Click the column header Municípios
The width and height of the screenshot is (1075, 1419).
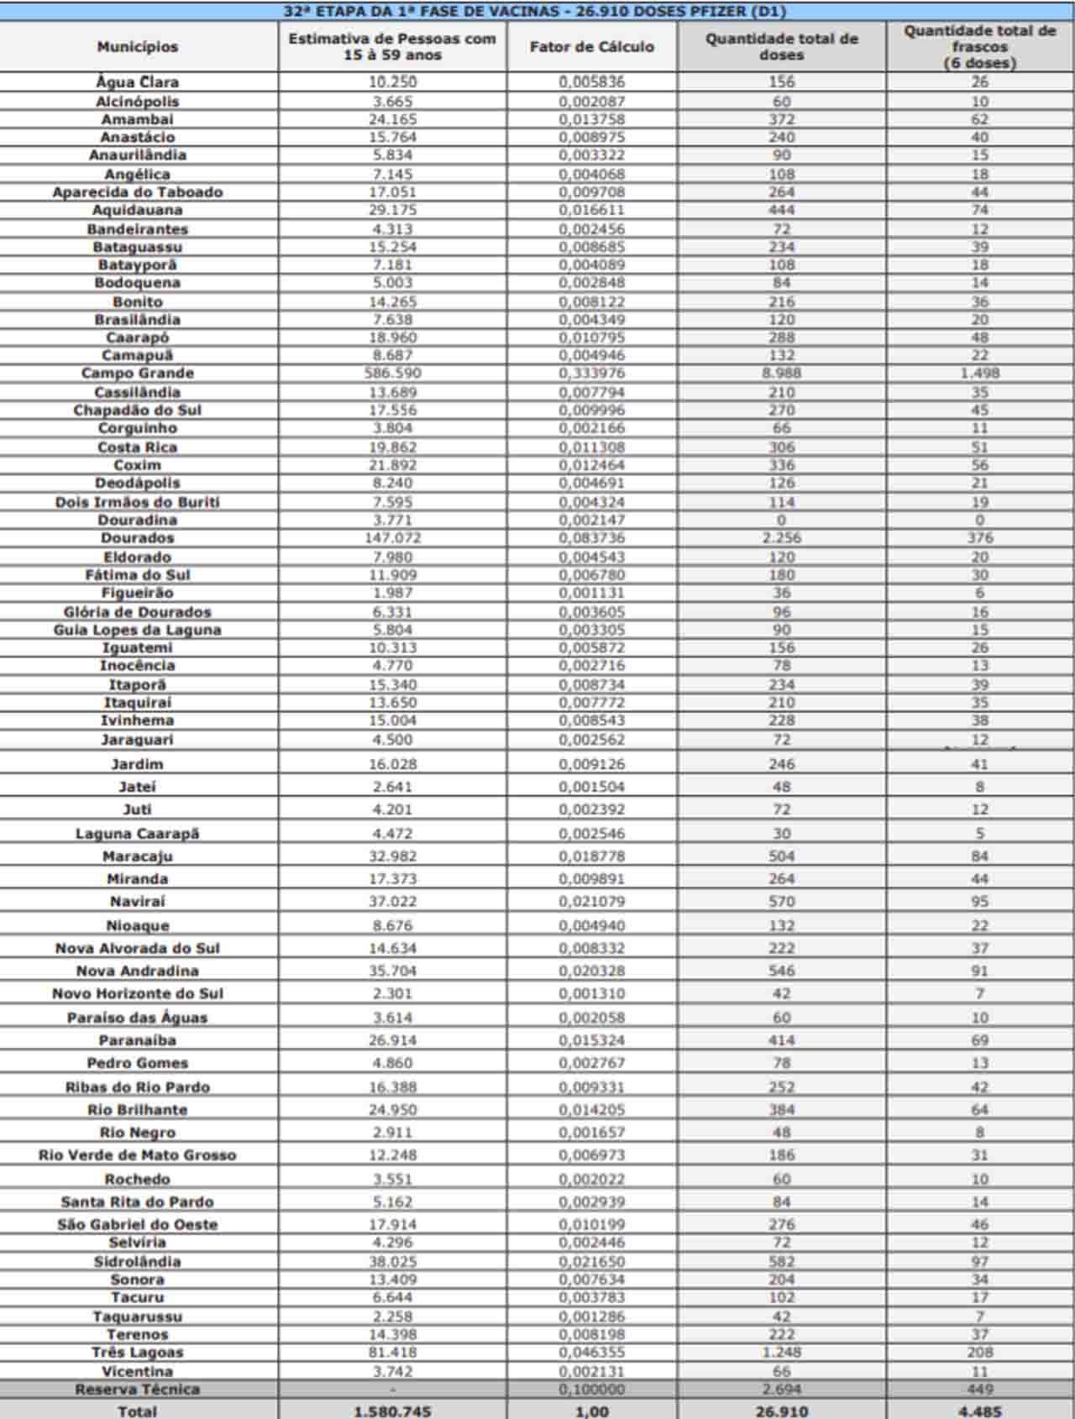click(138, 47)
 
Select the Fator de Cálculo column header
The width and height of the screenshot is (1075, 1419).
click(591, 47)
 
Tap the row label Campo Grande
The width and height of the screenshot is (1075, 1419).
click(138, 373)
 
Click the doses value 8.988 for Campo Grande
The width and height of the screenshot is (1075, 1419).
click(781, 373)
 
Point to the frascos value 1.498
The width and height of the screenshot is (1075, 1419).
click(979, 373)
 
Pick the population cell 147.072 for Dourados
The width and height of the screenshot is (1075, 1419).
click(392, 538)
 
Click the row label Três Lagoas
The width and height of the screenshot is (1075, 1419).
click(138, 1353)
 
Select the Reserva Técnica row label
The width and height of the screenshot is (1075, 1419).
click(138, 1390)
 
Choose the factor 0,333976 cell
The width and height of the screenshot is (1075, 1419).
click(591, 373)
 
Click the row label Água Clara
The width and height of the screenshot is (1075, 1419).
click(138, 82)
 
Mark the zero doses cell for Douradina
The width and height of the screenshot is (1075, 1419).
click(781, 521)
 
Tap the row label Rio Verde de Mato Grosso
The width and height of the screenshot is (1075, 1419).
click(138, 1155)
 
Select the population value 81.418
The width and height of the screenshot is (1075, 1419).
click(392, 1353)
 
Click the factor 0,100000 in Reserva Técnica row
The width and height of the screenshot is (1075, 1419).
click(591, 1390)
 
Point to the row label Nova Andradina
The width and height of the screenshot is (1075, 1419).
click(138, 971)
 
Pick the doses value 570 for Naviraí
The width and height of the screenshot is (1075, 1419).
click(781, 902)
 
